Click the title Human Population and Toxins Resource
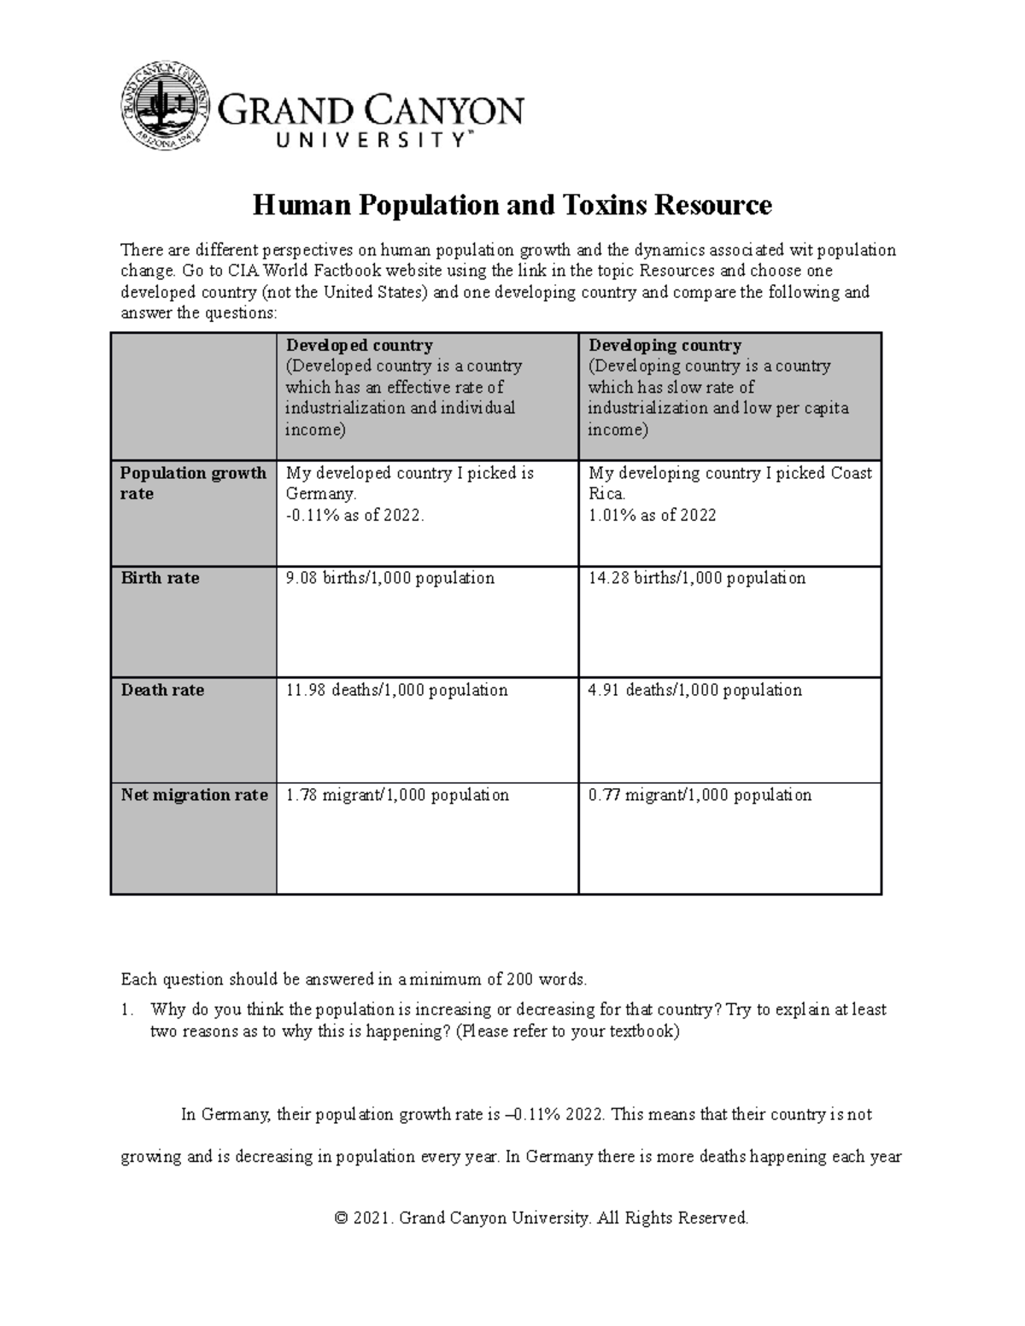[x=512, y=206]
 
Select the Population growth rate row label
[x=193, y=483]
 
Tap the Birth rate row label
[x=160, y=578]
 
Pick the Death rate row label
[x=162, y=690]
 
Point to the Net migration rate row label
[x=194, y=795]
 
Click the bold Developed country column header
[x=359, y=346]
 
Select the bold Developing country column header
[x=665, y=346]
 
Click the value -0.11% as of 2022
[x=354, y=515]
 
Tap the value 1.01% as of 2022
[x=652, y=515]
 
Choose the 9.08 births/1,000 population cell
[x=389, y=578]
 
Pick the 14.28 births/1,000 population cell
[x=696, y=578]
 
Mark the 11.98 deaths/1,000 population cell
[x=396, y=690]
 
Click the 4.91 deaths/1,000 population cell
[x=694, y=690]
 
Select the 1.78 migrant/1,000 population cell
[x=397, y=795]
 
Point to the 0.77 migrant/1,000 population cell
[x=700, y=795]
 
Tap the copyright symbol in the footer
[x=342, y=1218]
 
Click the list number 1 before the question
[x=126, y=1010]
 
